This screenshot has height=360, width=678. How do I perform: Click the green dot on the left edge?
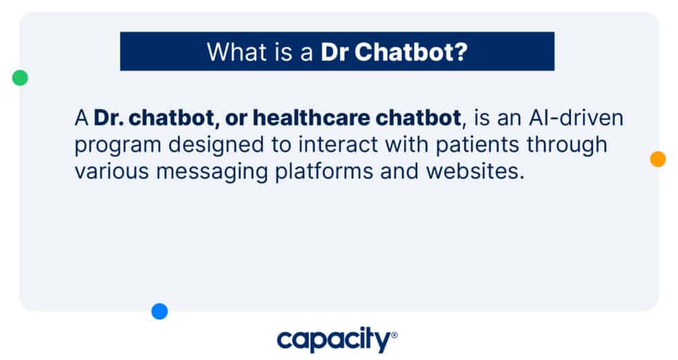20,78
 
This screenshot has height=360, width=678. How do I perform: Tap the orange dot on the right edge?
657,159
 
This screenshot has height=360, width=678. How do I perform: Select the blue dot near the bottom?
160,312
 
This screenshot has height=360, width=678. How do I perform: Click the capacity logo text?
333,340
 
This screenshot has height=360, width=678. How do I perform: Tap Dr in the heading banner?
335,52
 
